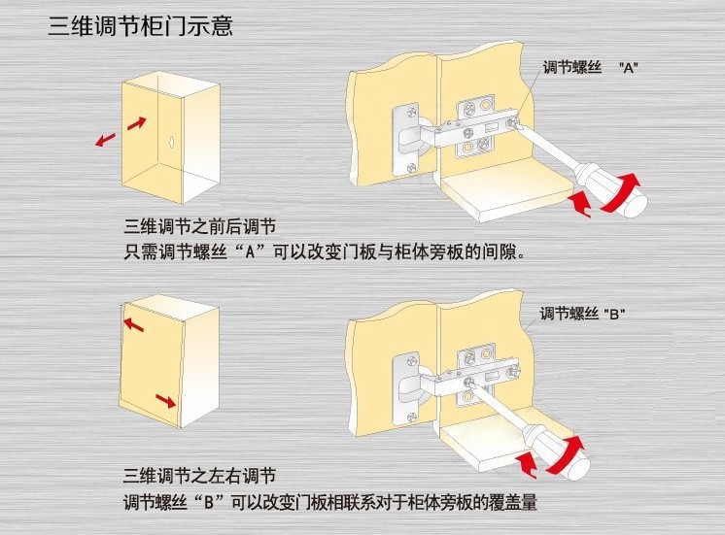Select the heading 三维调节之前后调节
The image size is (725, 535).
pyautogui.click(x=199, y=230)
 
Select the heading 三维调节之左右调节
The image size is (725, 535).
pyautogui.click(x=199, y=477)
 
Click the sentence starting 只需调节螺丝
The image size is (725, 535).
pyautogui.click(x=325, y=253)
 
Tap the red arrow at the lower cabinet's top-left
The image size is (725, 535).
pyautogui.click(x=133, y=323)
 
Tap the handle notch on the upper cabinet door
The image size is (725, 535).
pyautogui.click(x=171, y=142)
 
